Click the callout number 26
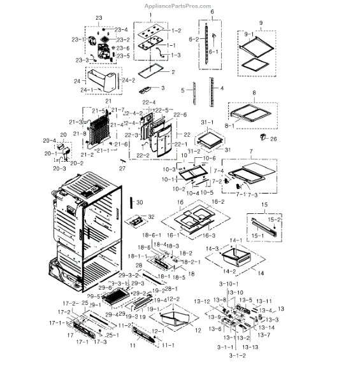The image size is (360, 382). tap(273, 138)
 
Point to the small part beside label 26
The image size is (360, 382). tap(262, 137)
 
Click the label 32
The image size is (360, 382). tap(151, 217)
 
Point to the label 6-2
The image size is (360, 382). tap(193, 39)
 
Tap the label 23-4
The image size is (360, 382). tap(120, 29)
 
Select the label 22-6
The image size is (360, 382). tap(180, 115)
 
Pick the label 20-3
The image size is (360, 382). tap(59, 168)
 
